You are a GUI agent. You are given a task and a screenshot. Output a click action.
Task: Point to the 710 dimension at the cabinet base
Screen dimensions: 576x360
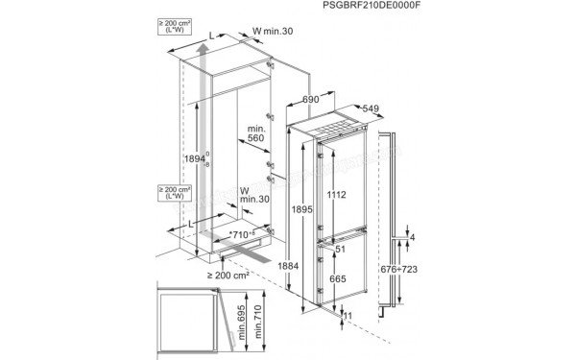tap(241, 234)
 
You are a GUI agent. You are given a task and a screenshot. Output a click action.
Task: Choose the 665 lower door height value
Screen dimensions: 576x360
tap(337, 277)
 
